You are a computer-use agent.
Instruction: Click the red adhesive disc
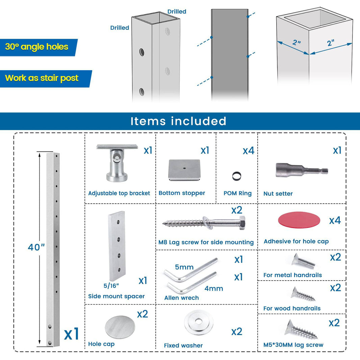tap(299, 220)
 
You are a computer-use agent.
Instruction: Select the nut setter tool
tap(302, 171)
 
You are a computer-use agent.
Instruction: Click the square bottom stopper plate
tap(184, 170)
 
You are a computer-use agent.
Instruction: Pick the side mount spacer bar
tap(117, 246)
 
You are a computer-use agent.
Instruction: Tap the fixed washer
tap(198, 322)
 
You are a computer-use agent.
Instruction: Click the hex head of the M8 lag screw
tap(242, 223)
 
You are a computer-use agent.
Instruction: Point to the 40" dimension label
tap(36, 247)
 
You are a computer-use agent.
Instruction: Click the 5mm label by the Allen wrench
tap(184, 267)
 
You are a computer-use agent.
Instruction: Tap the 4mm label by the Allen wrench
tap(214, 288)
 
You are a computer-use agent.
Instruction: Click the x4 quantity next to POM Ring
tap(249, 151)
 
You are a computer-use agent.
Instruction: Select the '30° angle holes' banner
tap(38, 47)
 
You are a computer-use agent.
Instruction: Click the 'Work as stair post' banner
tap(46, 79)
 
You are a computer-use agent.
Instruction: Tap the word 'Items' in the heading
tap(148, 121)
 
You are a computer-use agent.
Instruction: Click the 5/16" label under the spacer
tap(111, 286)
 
